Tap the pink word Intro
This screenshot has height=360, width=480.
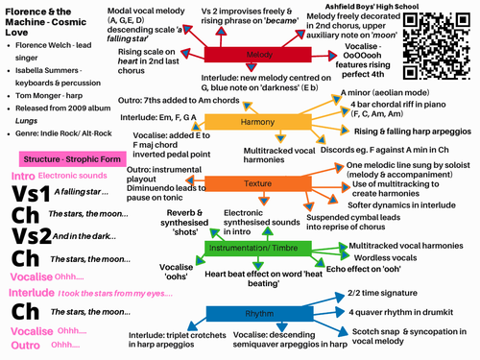tap(22, 176)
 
